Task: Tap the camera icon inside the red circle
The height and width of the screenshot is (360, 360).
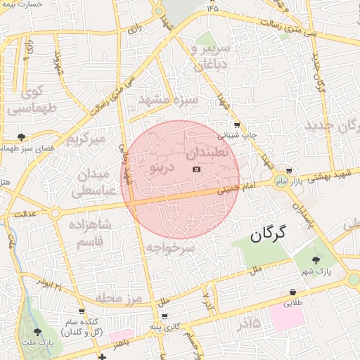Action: (x=196, y=169)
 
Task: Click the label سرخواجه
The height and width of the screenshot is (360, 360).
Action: (x=170, y=247)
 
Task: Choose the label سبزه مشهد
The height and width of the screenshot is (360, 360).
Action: (x=169, y=101)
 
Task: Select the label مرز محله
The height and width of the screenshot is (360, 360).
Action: (x=119, y=299)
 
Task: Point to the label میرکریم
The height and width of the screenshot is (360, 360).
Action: (x=85, y=139)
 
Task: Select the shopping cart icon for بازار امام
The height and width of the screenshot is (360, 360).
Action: (x=289, y=171)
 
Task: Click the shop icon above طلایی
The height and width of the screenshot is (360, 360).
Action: (x=292, y=292)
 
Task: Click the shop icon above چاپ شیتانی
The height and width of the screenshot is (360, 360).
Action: (x=237, y=124)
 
